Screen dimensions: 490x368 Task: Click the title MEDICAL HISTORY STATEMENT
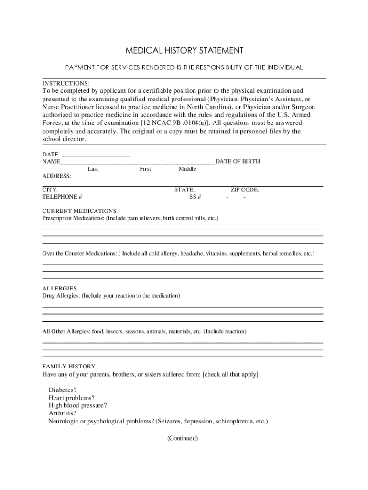click(x=184, y=50)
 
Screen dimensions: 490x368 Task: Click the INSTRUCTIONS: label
click(x=65, y=83)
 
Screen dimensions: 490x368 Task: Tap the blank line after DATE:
click(x=96, y=154)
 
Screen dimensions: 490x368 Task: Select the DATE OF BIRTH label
click(x=238, y=162)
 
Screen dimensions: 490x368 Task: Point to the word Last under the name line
click(x=93, y=169)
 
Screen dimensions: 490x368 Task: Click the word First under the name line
click(x=145, y=169)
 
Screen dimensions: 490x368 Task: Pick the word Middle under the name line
click(x=187, y=169)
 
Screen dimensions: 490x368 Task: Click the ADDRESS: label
click(x=56, y=176)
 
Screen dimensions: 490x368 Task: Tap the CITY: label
click(x=50, y=190)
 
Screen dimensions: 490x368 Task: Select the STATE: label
click(x=184, y=190)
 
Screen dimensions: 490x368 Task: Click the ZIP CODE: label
click(x=245, y=190)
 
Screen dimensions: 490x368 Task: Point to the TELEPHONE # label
click(x=62, y=197)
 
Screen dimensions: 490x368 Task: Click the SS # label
click(x=195, y=197)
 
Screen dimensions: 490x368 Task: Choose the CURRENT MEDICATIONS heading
click(x=79, y=211)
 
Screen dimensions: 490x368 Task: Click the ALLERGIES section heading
click(x=60, y=289)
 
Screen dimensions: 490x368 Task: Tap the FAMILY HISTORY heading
click(x=69, y=367)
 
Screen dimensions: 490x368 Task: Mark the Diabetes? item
click(x=63, y=390)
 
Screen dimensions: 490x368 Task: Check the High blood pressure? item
click(x=78, y=406)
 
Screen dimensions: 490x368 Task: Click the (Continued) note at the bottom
click(x=183, y=438)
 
